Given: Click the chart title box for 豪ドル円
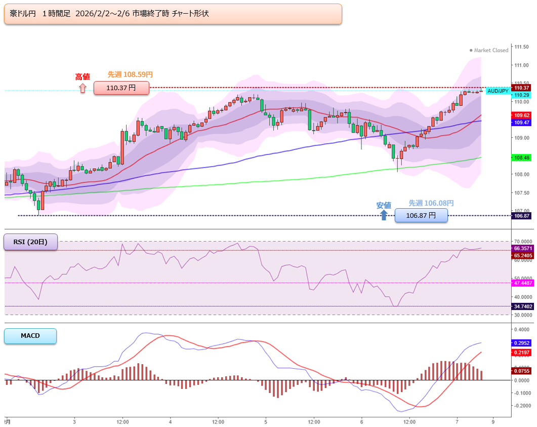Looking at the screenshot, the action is [173, 14].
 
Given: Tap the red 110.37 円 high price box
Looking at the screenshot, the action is [121, 88].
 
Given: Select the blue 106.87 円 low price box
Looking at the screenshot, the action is [421, 216].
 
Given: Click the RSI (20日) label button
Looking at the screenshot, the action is [30, 242].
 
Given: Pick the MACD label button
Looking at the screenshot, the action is [30, 336].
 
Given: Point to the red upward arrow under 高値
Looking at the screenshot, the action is [82, 89].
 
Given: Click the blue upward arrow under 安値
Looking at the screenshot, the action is [384, 215].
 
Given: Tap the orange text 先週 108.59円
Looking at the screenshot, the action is [130, 74].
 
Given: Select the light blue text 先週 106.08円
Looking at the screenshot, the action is [431, 203].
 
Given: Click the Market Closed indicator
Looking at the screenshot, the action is [489, 50].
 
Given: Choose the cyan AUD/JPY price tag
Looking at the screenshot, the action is [498, 91].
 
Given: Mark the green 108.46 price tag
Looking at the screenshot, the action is [522, 158].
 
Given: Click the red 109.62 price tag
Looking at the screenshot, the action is [522, 115].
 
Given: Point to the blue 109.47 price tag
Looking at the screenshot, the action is [522, 123].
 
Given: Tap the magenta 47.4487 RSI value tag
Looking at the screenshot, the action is [523, 283].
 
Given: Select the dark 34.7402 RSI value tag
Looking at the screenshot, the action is [523, 306].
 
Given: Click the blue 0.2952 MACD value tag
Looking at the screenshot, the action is [522, 343].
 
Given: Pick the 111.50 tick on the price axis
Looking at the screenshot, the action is [522, 47].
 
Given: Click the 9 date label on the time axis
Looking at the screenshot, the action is [493, 421].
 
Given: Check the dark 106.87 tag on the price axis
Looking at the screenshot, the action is [522, 216].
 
